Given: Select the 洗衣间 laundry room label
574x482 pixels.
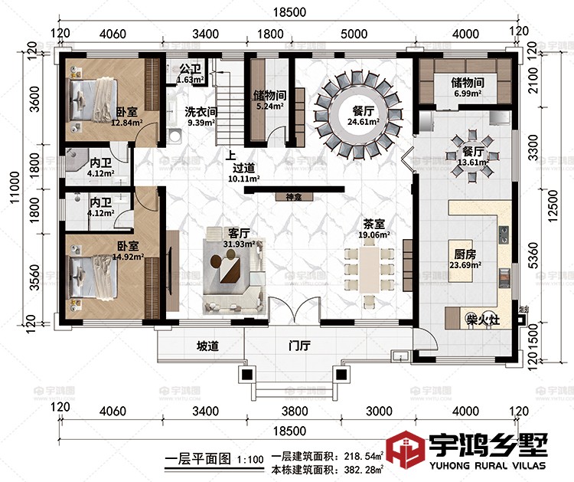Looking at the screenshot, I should click(x=201, y=112).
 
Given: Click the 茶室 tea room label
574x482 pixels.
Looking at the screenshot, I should click(x=373, y=225).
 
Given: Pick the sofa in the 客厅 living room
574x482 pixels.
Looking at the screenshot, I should click(x=233, y=271).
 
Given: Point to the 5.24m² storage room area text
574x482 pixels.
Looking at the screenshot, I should click(x=269, y=107).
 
